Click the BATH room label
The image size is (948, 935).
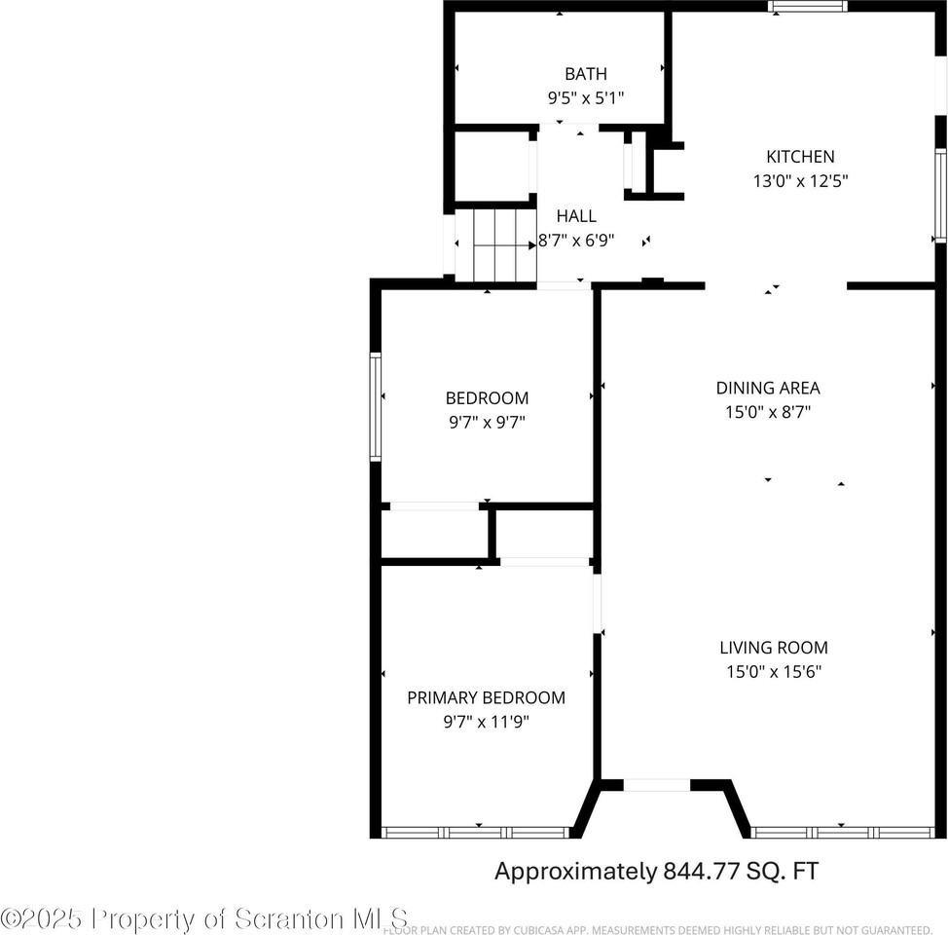[x=585, y=74]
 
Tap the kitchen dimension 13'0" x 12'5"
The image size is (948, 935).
[x=793, y=181]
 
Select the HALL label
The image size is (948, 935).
[x=576, y=216]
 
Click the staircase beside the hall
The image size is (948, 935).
[x=496, y=244]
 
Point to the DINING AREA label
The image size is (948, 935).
[x=768, y=388]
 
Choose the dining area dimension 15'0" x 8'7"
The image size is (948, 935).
[x=768, y=412]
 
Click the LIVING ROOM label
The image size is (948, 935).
[x=774, y=647]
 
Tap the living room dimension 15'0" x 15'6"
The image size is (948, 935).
[x=774, y=671]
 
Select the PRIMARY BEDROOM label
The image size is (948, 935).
[x=486, y=697]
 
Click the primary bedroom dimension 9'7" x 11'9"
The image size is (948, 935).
[x=486, y=722]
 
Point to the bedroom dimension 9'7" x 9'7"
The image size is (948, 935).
[x=487, y=423]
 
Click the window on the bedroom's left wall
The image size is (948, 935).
[x=375, y=405]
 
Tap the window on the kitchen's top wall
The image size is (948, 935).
[x=807, y=7]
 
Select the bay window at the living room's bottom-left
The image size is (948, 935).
[x=656, y=785]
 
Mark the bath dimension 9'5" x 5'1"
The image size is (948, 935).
[x=585, y=98]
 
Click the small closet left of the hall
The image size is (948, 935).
[x=492, y=166]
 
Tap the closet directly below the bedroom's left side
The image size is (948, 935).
[x=434, y=534]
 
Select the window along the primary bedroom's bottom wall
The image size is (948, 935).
[x=476, y=833]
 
